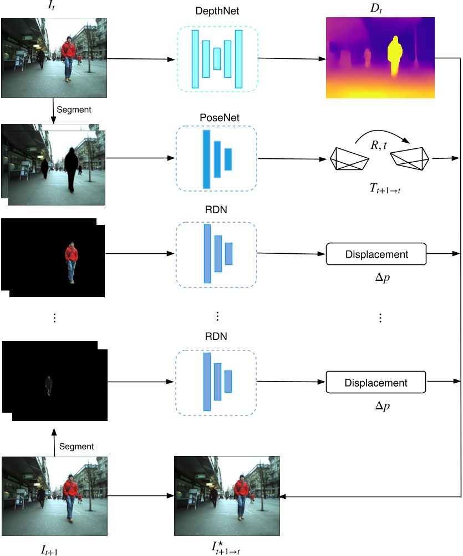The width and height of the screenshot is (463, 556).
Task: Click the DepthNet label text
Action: (x=217, y=12)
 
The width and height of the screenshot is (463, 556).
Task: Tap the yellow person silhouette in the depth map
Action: (x=394, y=56)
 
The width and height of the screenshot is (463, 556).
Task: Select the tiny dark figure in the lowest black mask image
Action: (x=49, y=385)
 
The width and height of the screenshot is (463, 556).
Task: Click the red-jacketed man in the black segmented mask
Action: (x=71, y=262)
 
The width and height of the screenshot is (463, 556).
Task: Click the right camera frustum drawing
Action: (x=410, y=159)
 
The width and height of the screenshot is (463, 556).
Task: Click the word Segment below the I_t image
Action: (x=74, y=110)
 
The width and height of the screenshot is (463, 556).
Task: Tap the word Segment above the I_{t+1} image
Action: (x=76, y=446)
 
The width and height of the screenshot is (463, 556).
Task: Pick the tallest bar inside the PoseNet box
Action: (x=206, y=159)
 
